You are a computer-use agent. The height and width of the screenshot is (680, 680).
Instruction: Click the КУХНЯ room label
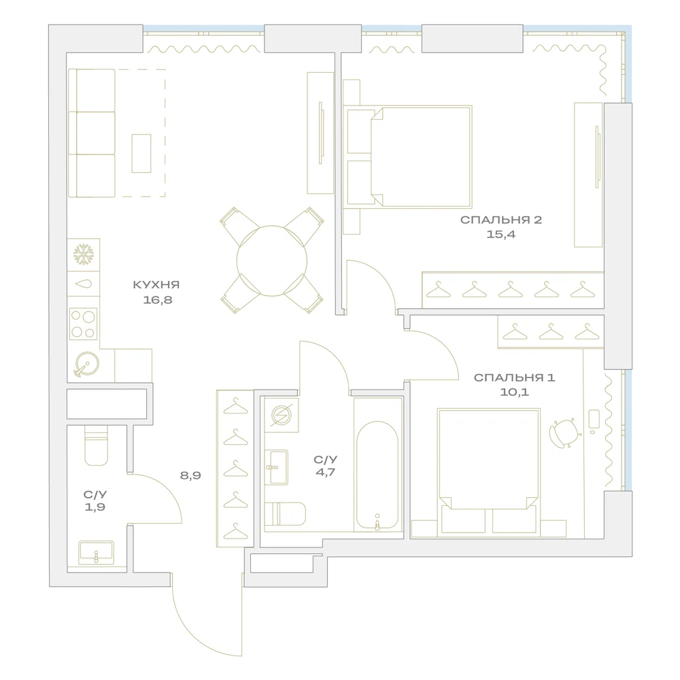pos(156,285)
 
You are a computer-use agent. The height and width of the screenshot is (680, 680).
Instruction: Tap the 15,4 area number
pos(501,235)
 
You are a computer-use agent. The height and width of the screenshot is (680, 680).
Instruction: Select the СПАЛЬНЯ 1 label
pos(514,377)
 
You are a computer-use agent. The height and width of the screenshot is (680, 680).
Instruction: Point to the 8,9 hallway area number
pos(190,476)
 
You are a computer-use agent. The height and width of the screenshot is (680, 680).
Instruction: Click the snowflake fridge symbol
pos(83,254)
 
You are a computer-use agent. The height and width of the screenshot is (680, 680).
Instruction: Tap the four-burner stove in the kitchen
pos(83,324)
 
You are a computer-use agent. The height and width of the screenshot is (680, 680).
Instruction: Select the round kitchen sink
pos(86,363)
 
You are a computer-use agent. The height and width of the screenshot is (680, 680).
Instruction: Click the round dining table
pos(272,260)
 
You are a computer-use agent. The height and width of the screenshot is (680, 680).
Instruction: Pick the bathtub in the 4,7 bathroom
pos(377,475)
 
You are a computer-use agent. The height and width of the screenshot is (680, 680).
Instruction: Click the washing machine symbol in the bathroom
pos(282,415)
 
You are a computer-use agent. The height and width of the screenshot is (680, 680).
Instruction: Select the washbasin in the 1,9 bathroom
pos(97,553)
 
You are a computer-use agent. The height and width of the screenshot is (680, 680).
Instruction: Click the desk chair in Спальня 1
pos(564,432)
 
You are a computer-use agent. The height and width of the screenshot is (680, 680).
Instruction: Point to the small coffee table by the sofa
pos(141,154)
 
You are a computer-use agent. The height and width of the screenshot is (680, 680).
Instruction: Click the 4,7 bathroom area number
pos(325,473)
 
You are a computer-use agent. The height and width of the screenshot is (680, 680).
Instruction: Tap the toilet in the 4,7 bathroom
pos(285,514)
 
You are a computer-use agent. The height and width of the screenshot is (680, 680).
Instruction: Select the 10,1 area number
pos(514,392)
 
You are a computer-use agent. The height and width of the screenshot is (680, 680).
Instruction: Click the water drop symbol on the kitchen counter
pos(84,284)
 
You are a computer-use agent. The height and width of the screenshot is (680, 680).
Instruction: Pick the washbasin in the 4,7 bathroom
pos(276,467)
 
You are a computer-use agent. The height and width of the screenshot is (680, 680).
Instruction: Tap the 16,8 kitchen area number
pos(158,300)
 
